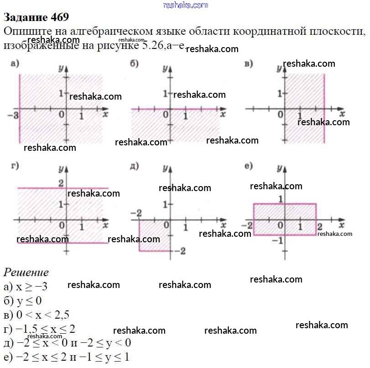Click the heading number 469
57,17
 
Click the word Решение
26,272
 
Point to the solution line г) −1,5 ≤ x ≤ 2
39,329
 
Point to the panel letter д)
134,166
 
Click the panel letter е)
249,166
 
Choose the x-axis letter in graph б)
223,115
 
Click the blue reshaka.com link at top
185,5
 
